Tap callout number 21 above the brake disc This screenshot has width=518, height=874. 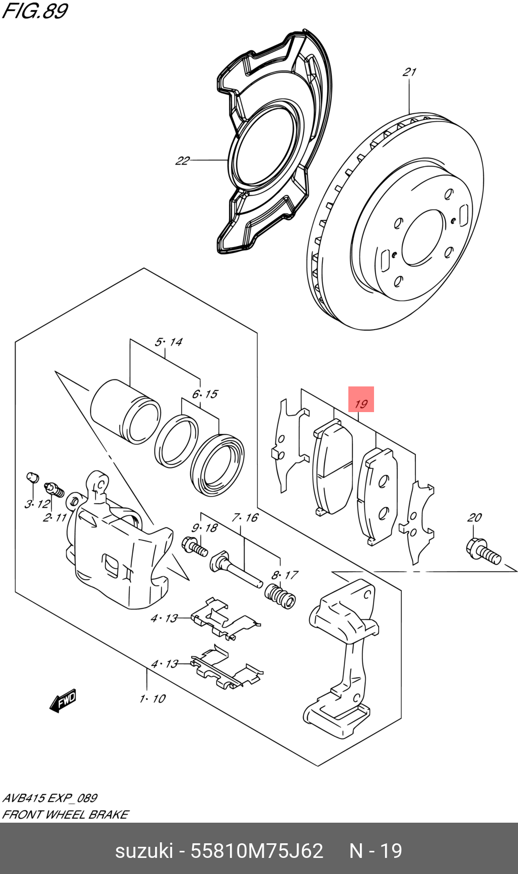pyautogui.click(x=409, y=72)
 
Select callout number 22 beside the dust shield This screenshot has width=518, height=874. pyautogui.click(x=182, y=161)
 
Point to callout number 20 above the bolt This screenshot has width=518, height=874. pyautogui.click(x=474, y=517)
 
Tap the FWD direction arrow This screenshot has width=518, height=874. pyautogui.click(x=63, y=700)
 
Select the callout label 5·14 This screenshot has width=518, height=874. pyautogui.click(x=168, y=342)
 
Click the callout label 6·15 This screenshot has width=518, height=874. pyautogui.click(x=205, y=394)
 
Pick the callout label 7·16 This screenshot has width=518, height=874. pyautogui.click(x=245, y=517)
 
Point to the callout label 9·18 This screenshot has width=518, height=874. pyautogui.click(x=204, y=528)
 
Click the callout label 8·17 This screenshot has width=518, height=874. pyautogui.click(x=284, y=575)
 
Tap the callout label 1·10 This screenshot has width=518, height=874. pyautogui.click(x=153, y=698)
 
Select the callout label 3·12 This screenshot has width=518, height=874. pyautogui.click(x=37, y=504)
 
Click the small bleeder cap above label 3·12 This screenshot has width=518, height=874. pyautogui.click(x=33, y=476)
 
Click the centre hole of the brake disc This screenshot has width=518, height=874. pyautogui.click(x=423, y=237)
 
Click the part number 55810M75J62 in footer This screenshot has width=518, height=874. pyautogui.click(x=257, y=851)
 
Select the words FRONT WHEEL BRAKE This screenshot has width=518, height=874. pyautogui.click(x=65, y=814)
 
